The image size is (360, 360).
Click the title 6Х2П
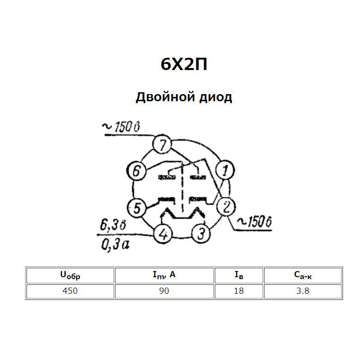click(184, 64)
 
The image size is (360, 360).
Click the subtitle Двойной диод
click(184, 97)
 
